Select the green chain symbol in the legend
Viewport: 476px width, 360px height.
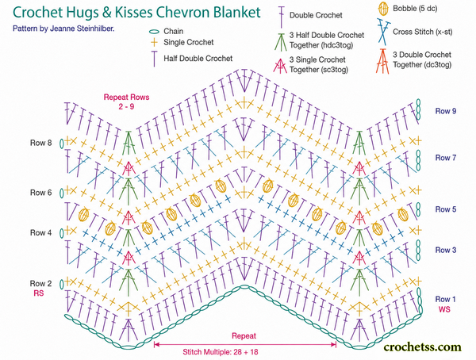click(x=154, y=32)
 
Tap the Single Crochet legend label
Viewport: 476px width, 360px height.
click(x=189, y=42)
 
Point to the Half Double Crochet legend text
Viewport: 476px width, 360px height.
click(x=198, y=58)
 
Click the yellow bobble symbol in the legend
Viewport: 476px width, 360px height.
click(x=383, y=9)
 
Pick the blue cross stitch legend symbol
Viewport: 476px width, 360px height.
click(x=383, y=31)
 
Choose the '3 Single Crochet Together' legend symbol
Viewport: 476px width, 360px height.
click(x=280, y=65)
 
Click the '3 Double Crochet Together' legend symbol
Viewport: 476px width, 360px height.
click(x=383, y=61)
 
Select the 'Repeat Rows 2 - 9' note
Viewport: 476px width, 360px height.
click(x=126, y=101)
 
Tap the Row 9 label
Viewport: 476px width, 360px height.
click(x=446, y=111)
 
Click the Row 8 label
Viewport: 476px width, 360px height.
click(x=40, y=143)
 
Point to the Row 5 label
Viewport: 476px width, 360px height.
click(x=446, y=209)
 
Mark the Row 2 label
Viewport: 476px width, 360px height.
click(x=40, y=284)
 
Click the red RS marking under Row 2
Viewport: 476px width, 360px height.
click(x=39, y=293)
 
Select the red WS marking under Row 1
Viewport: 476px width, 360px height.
click(x=444, y=309)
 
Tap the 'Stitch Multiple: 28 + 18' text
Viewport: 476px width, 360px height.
click(x=221, y=352)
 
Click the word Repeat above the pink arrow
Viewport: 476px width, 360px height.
click(x=244, y=336)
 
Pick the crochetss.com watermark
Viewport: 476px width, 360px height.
click(x=422, y=347)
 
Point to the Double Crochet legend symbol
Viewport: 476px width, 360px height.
click(x=282, y=17)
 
